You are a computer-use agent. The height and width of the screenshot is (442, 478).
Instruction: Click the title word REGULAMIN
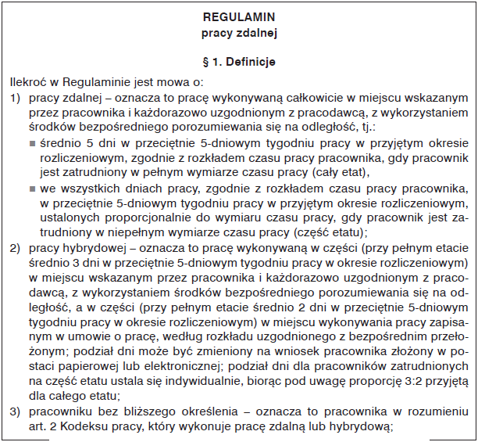tap(237, 16)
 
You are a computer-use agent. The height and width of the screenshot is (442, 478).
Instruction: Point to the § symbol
tap(205, 60)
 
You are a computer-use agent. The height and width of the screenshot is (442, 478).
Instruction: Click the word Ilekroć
tap(27, 81)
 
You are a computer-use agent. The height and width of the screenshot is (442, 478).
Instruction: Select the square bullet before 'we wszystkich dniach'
tap(33, 189)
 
